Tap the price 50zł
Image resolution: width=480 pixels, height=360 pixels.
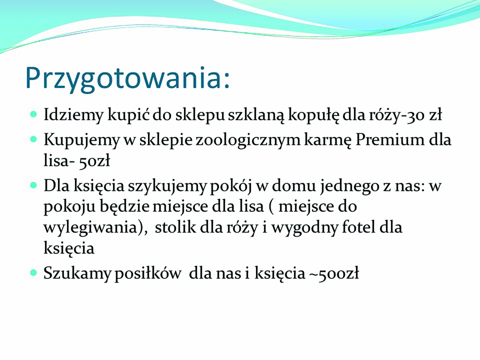(x=95, y=161)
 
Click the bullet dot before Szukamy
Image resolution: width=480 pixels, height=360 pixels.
(x=34, y=273)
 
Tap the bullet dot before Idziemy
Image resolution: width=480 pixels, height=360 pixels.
(x=34, y=114)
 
